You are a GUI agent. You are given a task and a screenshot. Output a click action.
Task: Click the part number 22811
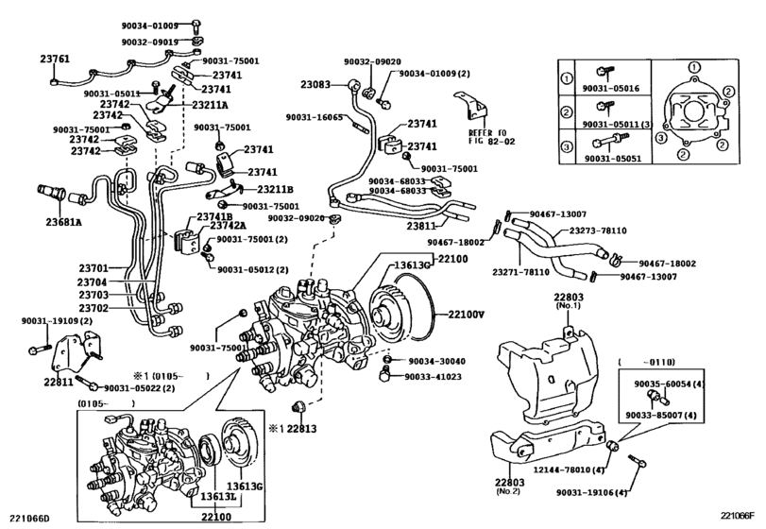click(x=58, y=383)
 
